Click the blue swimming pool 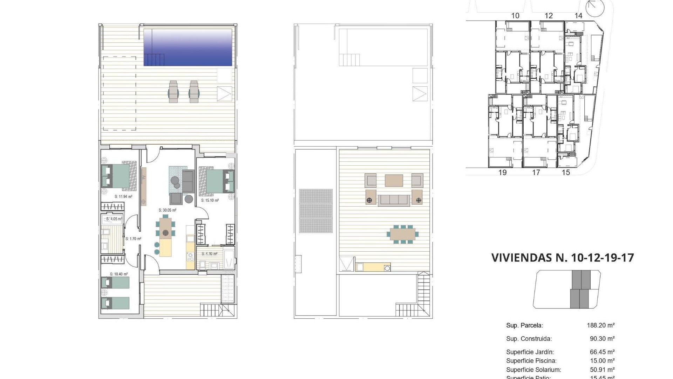pos(188,47)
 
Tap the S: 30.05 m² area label pos(167,210)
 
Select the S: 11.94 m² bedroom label pos(123,197)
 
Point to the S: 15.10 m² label pos(210,200)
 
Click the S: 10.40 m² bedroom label pos(119,274)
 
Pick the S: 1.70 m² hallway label pos(133,239)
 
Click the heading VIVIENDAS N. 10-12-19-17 pos(563,258)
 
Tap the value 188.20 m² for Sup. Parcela pos(600,325)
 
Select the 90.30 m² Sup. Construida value pos(602,339)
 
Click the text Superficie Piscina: pos(531,361)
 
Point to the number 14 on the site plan pos(578,15)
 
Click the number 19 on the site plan pos(502,172)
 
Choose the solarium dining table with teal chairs pos(402,234)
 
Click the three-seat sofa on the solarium pos(394,200)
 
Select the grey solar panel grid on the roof pos(316,211)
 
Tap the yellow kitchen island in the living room pos(166,248)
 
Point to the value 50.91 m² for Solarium pos(602,370)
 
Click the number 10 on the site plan pos(515,15)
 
